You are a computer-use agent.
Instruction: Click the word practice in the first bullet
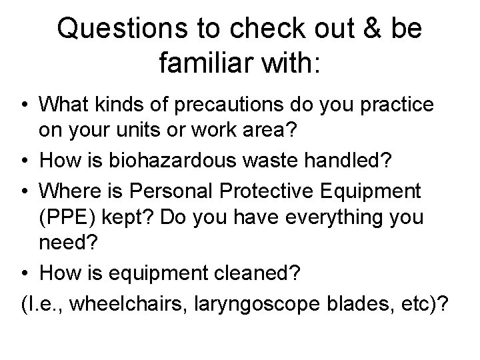tap(393, 105)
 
